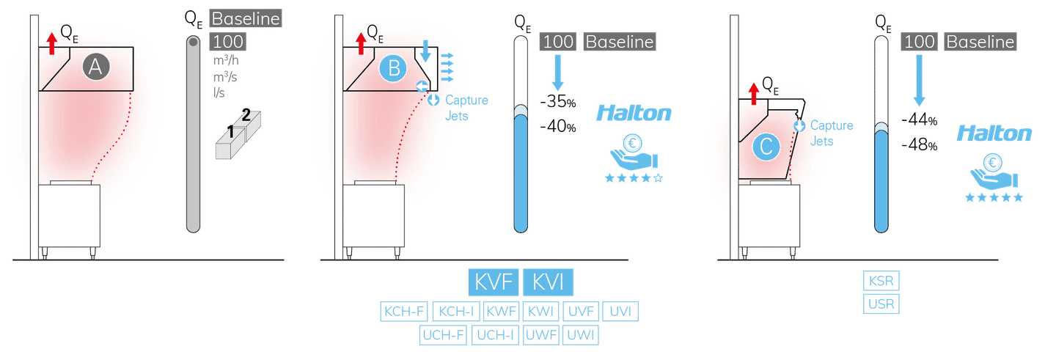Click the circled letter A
coord(95,67)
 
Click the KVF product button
coord(494,282)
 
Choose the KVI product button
coord(548,282)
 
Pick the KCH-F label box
coord(403,312)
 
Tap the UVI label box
coord(620,312)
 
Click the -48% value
coord(920,145)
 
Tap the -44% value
coord(920,120)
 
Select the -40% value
coord(559,128)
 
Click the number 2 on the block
coord(246,115)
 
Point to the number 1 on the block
coord(230,132)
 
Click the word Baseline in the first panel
coord(246,18)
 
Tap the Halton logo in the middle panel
coord(634,114)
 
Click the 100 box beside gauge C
coord(919,42)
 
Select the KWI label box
coord(542,312)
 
